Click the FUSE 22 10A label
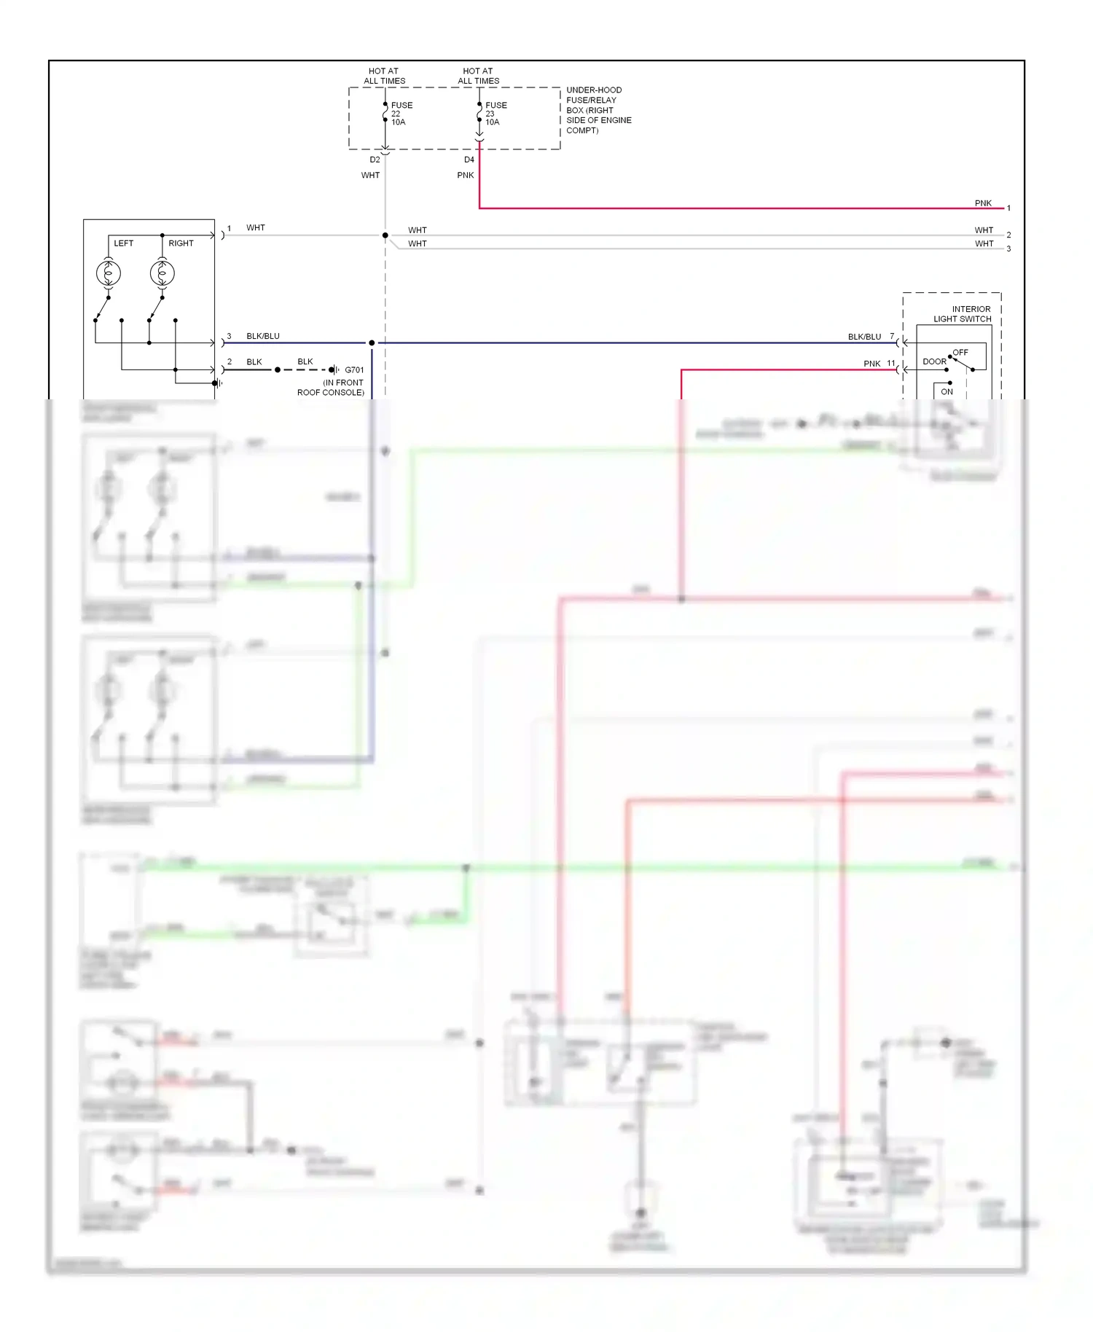coord(401,114)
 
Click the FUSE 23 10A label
coord(495,114)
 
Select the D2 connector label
coord(375,160)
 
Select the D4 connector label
coord(469,160)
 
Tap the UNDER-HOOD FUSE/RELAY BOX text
coord(598,110)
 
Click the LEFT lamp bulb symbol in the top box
coord(108,273)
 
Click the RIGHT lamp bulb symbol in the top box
coord(162,273)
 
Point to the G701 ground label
coord(354,370)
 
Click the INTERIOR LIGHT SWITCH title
coord(962,314)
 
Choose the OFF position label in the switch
coord(960,353)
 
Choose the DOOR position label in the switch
coord(934,362)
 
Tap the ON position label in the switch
coord(947,392)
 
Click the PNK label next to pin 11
coord(871,364)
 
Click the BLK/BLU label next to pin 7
coord(864,337)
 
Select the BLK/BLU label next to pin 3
coord(263,336)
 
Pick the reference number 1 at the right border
coord(1009,208)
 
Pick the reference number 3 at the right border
coord(1009,249)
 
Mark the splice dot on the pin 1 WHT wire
coord(385,235)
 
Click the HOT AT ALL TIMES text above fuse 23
coord(478,76)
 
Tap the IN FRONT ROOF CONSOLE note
coord(331,388)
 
